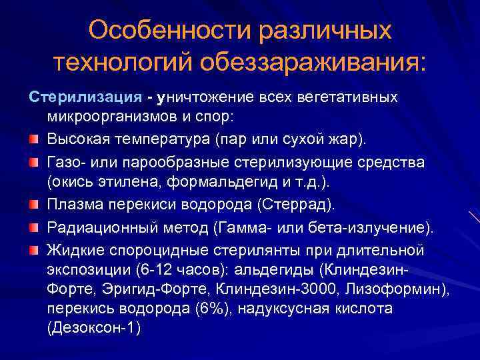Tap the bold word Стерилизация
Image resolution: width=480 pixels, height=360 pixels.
pyautogui.click(x=84, y=97)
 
